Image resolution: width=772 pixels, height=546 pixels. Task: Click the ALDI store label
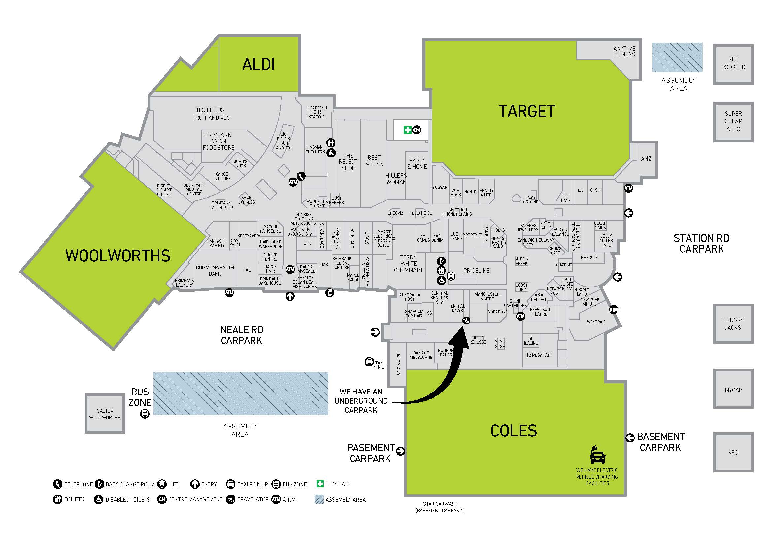(258, 64)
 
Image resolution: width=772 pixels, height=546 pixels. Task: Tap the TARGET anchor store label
(526, 111)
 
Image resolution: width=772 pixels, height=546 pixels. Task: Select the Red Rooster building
(733, 64)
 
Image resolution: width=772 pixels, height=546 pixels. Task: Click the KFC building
(733, 452)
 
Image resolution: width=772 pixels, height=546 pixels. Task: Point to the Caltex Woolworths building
(105, 414)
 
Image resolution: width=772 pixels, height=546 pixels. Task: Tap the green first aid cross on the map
(407, 130)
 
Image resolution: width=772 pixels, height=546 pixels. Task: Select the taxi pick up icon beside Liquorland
(369, 362)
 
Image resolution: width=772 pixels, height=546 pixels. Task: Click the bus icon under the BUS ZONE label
(145, 414)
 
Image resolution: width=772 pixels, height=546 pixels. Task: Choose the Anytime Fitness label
(624, 51)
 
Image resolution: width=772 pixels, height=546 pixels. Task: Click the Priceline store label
(477, 271)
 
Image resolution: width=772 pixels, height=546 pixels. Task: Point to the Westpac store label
(595, 322)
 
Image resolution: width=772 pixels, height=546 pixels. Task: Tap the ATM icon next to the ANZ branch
(628, 188)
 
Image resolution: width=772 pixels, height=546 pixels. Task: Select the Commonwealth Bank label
(215, 271)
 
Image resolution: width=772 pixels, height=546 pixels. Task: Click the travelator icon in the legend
(231, 499)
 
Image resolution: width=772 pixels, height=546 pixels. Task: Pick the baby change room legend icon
(99, 484)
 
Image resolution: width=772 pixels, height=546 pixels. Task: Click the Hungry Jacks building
(733, 324)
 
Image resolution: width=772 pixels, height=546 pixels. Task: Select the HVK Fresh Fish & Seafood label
(317, 112)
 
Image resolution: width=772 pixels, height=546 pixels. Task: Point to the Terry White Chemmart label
(408, 263)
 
